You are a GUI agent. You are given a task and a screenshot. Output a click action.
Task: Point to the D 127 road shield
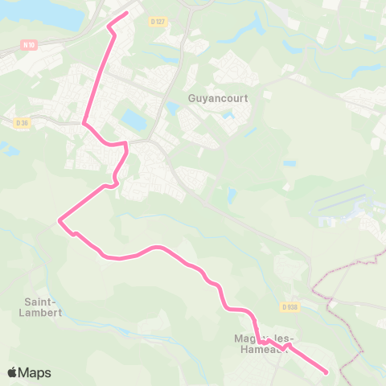click(x=158, y=21)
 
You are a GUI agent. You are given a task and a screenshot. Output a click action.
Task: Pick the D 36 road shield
click(x=21, y=123)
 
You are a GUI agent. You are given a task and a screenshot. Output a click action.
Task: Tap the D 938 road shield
click(x=289, y=307)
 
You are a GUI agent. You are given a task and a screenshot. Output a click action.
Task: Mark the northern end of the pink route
click(x=127, y=13)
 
